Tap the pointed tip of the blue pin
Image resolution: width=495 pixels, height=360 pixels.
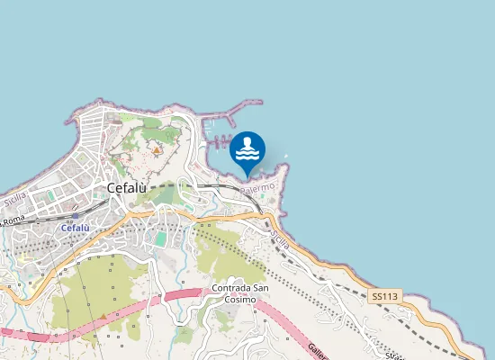coord(247,176)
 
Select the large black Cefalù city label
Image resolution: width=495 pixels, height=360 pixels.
coord(132,188)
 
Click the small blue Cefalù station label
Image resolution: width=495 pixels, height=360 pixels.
coord(75,229)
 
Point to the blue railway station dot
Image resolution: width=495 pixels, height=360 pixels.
coord(76,216)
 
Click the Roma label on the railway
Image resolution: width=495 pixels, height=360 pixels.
coord(13,220)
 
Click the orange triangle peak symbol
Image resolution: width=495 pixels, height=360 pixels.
coord(157,150)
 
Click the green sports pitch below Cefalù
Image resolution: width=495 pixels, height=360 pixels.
coord(161,239)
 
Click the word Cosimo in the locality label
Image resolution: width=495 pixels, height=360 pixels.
coord(240,299)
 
